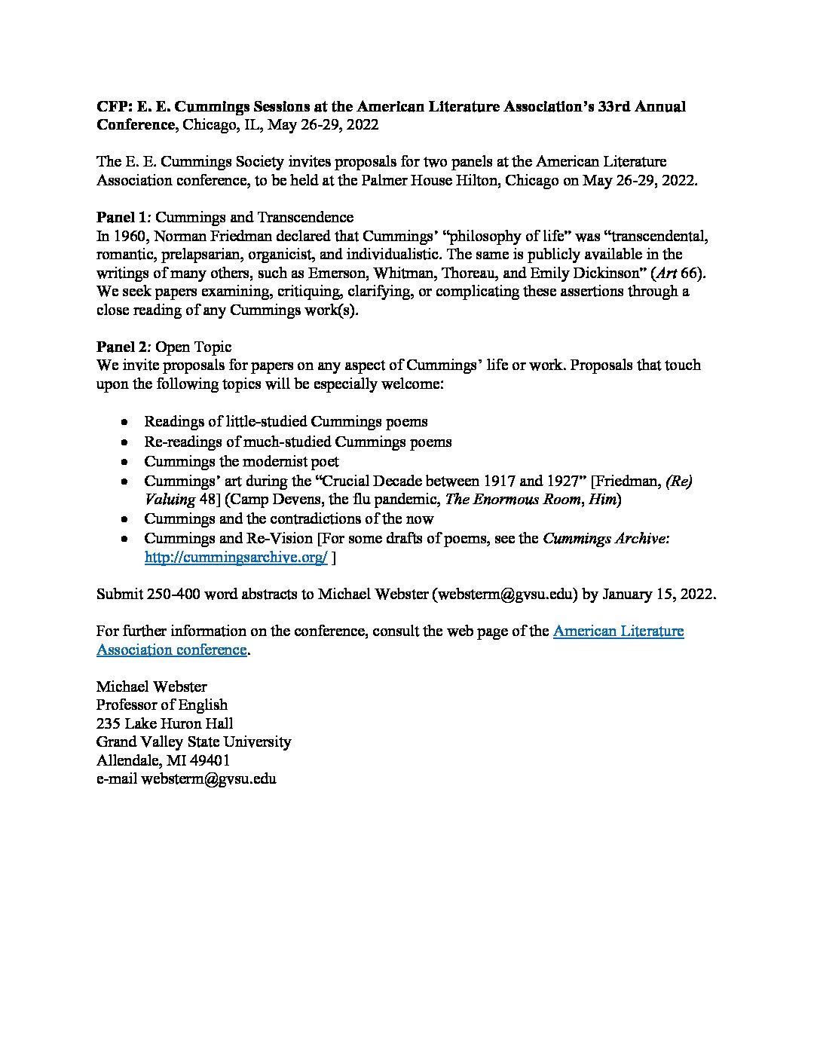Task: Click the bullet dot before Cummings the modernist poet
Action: click(125, 461)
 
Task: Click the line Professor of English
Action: click(162, 705)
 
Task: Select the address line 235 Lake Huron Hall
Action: click(164, 723)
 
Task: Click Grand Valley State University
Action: click(194, 742)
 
